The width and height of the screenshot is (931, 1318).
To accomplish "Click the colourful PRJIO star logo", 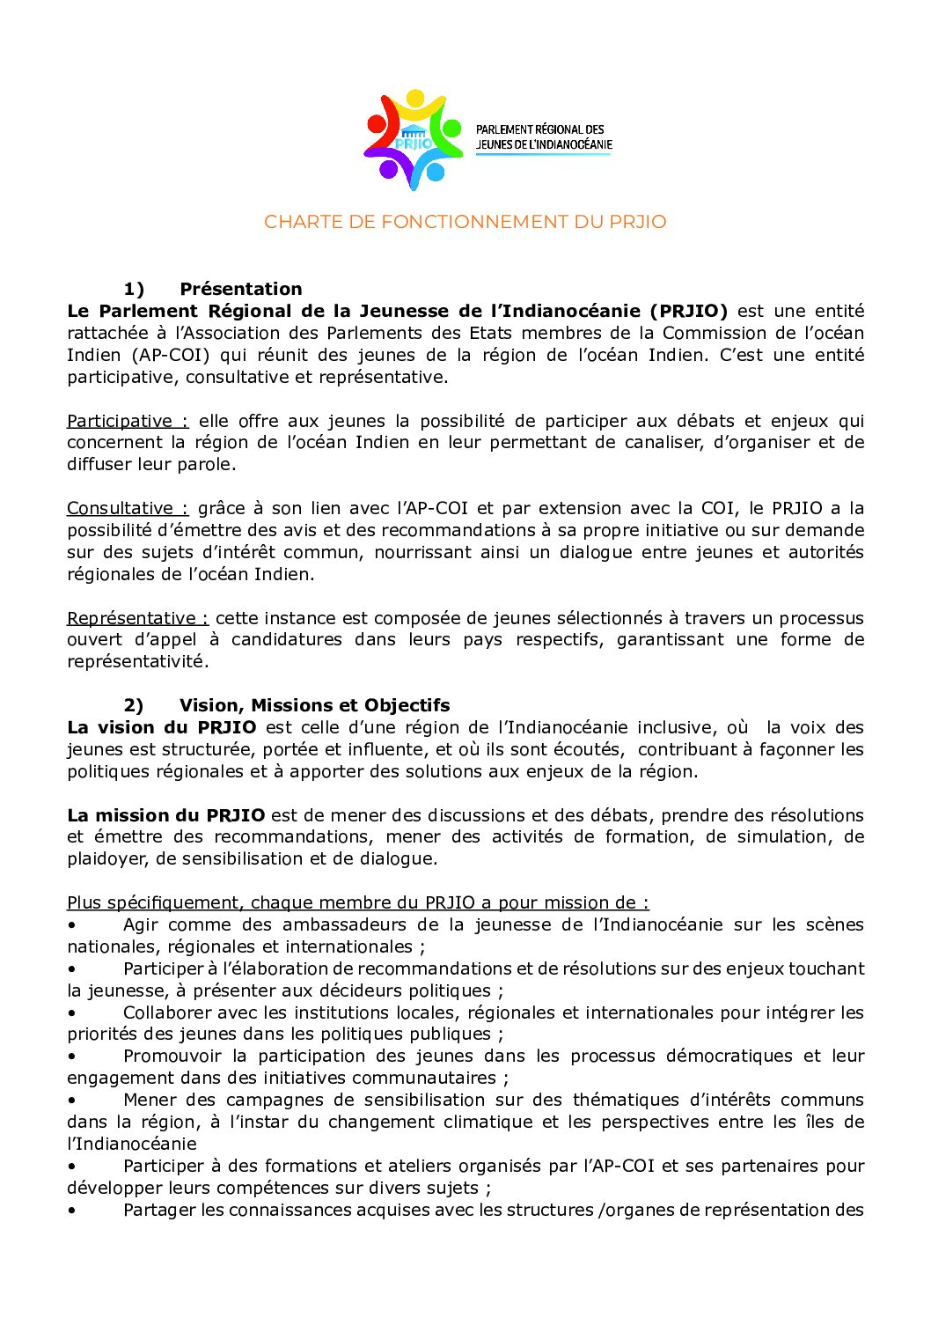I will [413, 139].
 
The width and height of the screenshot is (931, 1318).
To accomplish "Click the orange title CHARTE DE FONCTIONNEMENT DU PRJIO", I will [465, 222].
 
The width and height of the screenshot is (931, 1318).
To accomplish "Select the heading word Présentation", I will [240, 289].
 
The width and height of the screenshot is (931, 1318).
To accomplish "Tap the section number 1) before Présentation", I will [134, 289].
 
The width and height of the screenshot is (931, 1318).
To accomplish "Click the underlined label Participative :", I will [128, 421].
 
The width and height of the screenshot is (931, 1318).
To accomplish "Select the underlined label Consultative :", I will [128, 508].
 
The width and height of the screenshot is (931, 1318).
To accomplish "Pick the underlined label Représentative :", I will [137, 618].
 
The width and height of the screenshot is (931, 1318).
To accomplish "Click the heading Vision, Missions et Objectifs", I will [314, 705].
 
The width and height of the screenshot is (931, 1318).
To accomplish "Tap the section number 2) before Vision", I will [134, 705].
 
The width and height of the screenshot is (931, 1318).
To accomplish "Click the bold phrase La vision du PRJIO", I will [161, 727].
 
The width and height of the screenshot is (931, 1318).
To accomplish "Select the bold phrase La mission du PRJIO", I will [165, 815].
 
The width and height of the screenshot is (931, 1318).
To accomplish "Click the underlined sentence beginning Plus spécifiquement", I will [357, 902].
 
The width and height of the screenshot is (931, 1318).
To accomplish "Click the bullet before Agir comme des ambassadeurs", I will [72, 925].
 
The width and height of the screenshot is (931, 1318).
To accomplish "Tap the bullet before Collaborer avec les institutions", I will [72, 1012].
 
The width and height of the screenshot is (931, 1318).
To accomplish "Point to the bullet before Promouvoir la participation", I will [72, 1057].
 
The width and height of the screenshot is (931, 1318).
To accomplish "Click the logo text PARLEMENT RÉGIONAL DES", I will [540, 129].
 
